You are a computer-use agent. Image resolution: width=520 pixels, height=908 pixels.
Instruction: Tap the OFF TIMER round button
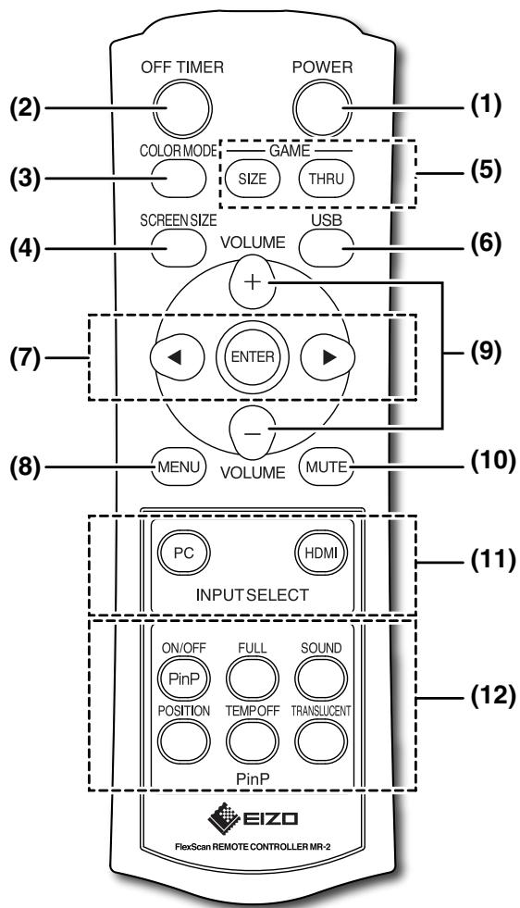(x=182, y=108)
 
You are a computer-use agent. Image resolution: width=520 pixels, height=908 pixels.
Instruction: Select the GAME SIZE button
(x=253, y=179)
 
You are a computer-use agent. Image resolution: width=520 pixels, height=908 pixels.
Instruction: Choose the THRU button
(x=326, y=179)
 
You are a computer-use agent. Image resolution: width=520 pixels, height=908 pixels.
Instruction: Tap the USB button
(x=326, y=249)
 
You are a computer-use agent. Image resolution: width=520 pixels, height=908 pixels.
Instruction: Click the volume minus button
(x=253, y=430)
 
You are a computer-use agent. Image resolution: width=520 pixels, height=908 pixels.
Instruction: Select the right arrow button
(x=328, y=357)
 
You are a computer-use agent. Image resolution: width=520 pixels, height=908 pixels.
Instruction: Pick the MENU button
(x=179, y=466)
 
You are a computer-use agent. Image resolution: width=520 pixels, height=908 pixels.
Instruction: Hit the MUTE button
(x=326, y=466)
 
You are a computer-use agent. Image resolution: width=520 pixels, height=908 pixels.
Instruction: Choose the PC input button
(x=184, y=553)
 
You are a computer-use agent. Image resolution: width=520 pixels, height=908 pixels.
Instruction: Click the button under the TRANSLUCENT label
(x=321, y=742)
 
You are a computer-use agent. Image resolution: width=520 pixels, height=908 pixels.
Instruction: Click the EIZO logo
(x=253, y=817)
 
